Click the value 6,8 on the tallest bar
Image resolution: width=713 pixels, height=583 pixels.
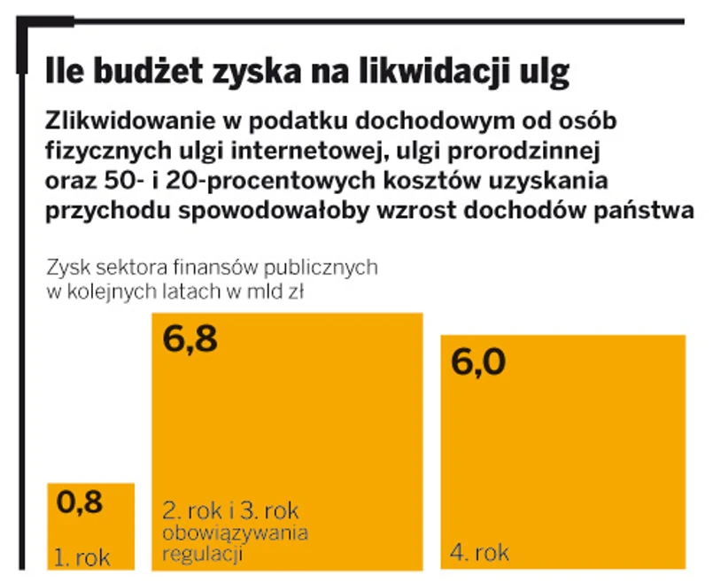pyautogui.click(x=190, y=340)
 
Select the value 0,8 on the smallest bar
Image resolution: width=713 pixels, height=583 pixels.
pyautogui.click(x=80, y=502)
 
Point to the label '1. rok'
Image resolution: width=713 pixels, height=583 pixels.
pyautogui.click(x=83, y=558)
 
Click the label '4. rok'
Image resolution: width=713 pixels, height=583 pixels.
pyautogui.click(x=480, y=554)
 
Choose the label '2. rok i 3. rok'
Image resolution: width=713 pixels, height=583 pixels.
pyautogui.click(x=231, y=511)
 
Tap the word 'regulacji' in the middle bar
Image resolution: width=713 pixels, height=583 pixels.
pyautogui.click(x=202, y=555)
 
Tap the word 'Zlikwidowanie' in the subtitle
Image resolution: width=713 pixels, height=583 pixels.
pyautogui.click(x=125, y=120)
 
